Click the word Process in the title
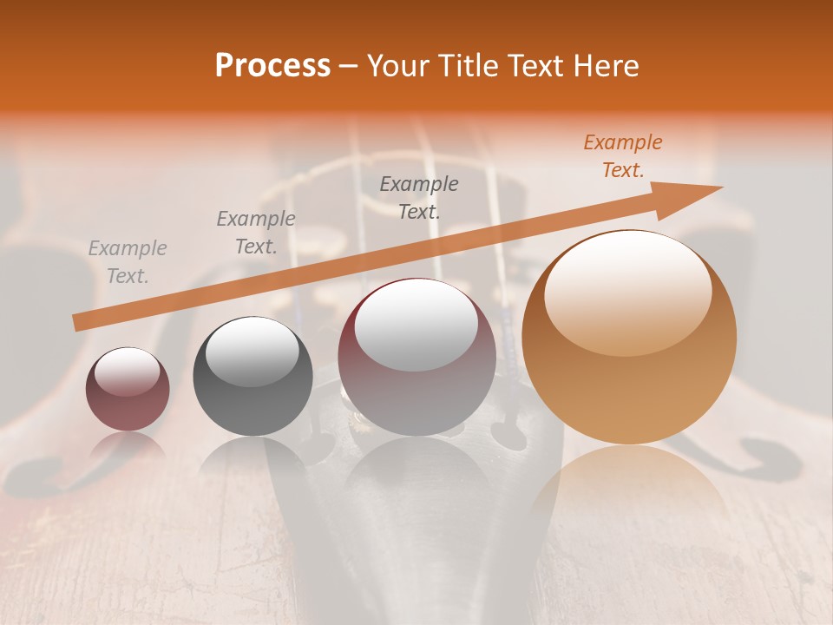tap(272, 66)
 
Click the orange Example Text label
tap(622, 156)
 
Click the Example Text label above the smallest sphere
tap(128, 262)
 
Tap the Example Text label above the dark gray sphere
tap(256, 233)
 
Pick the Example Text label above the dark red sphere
tap(419, 197)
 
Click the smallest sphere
tap(128, 389)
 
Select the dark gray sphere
tap(253, 378)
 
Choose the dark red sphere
tap(417, 358)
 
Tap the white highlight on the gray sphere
tap(252, 352)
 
